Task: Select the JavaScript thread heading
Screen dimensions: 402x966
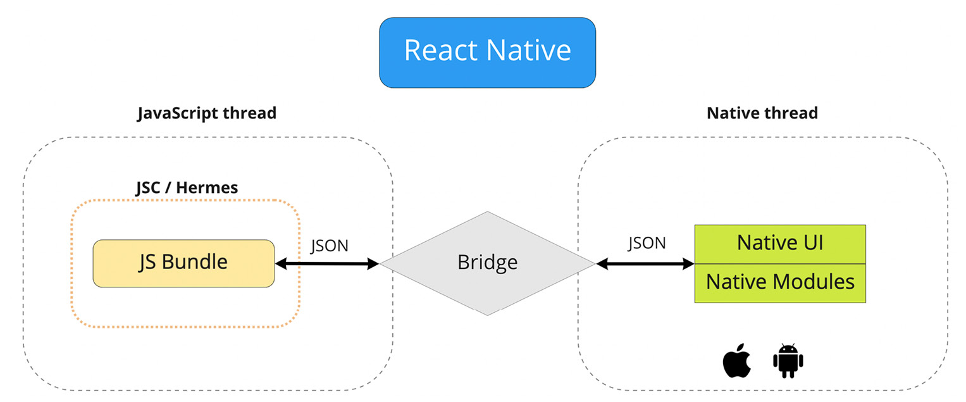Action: tap(207, 113)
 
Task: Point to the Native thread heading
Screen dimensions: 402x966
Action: tap(762, 113)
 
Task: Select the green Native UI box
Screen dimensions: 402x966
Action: tap(779, 243)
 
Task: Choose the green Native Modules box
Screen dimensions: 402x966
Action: tap(779, 282)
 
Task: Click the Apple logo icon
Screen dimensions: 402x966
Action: tap(736, 362)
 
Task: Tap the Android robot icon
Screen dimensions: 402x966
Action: tap(788, 361)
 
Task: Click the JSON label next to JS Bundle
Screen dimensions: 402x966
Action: tap(329, 246)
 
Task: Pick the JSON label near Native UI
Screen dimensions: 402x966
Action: tap(647, 242)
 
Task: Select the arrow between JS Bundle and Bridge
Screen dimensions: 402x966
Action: tap(326, 263)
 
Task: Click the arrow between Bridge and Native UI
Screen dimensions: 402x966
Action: tap(645, 263)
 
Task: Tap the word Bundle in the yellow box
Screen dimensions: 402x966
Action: tap(195, 261)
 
